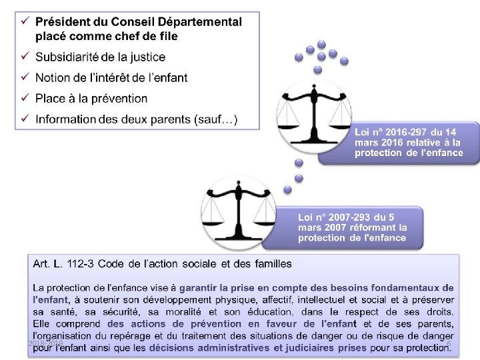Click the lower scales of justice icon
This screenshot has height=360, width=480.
pyautogui.click(x=237, y=207)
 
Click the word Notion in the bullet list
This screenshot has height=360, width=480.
pyautogui.click(x=53, y=78)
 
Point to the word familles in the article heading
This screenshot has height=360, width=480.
pyautogui.click(x=271, y=263)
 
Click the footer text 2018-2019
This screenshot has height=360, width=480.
pyautogui.click(x=45, y=343)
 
